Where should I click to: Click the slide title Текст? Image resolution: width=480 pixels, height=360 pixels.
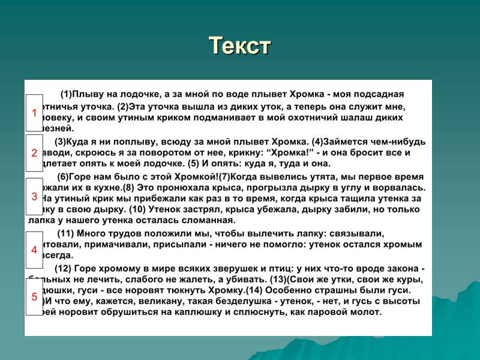click(x=240, y=46)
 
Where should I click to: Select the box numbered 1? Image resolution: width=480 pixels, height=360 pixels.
click(x=34, y=112)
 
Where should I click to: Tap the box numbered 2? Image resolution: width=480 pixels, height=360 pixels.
click(x=34, y=153)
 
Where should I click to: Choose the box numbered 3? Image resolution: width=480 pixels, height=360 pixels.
click(x=34, y=196)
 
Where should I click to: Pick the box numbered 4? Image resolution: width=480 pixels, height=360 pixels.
click(x=34, y=250)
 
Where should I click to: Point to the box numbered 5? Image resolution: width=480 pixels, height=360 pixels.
click(x=34, y=296)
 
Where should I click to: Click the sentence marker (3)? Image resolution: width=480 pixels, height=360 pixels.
click(x=61, y=142)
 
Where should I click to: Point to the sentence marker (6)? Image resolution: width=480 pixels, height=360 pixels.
click(x=64, y=177)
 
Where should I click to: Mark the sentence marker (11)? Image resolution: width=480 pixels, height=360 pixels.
click(x=65, y=233)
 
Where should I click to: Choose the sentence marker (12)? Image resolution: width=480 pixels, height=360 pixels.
click(x=63, y=268)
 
